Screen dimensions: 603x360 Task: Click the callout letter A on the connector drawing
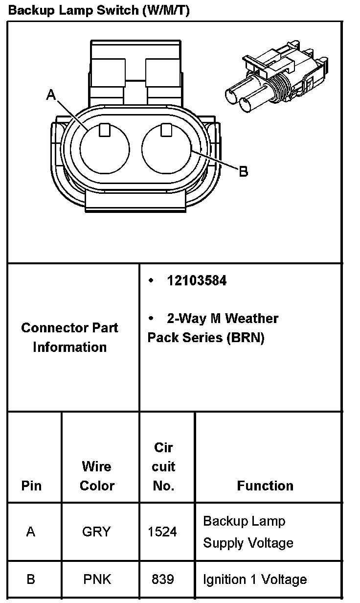51,94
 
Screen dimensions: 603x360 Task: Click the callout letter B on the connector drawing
243,171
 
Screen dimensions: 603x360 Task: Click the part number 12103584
197,281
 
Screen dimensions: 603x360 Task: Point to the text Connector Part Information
69,337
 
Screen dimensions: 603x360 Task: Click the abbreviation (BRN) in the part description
246,338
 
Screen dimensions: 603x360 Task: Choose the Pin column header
31,486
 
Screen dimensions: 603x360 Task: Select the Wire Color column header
97,476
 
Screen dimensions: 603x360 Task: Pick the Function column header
265,486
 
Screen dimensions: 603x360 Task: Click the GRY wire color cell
97,532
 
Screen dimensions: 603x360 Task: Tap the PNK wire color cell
97,580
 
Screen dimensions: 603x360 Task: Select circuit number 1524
162,532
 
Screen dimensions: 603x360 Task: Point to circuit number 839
162,580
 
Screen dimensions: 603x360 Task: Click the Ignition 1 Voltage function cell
255,580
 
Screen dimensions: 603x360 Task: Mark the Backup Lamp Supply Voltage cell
248,532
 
